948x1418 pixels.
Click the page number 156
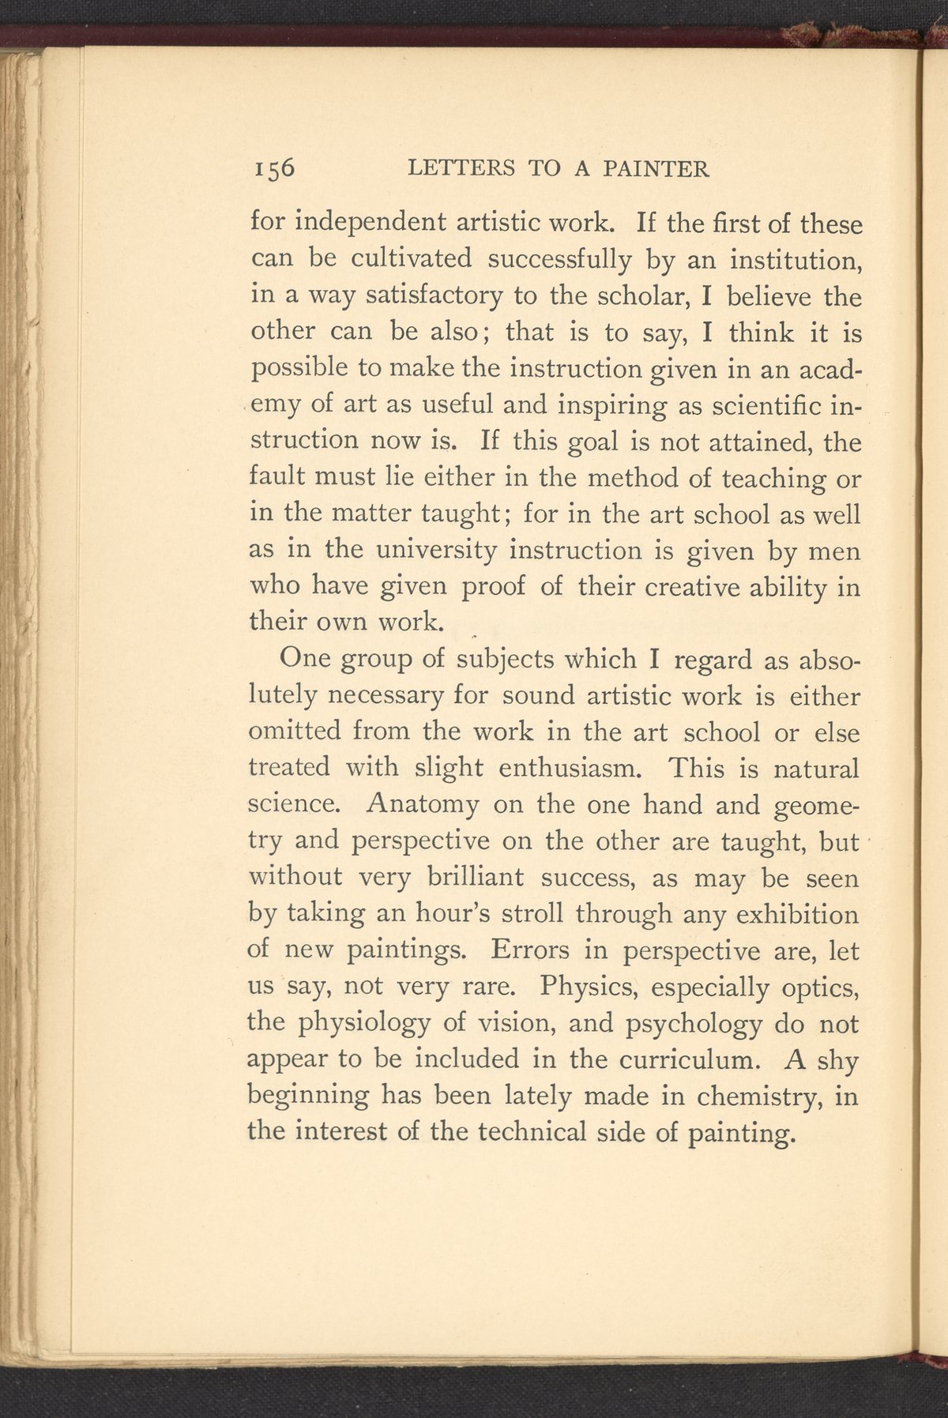point(273,169)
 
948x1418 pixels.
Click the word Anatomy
point(423,805)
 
